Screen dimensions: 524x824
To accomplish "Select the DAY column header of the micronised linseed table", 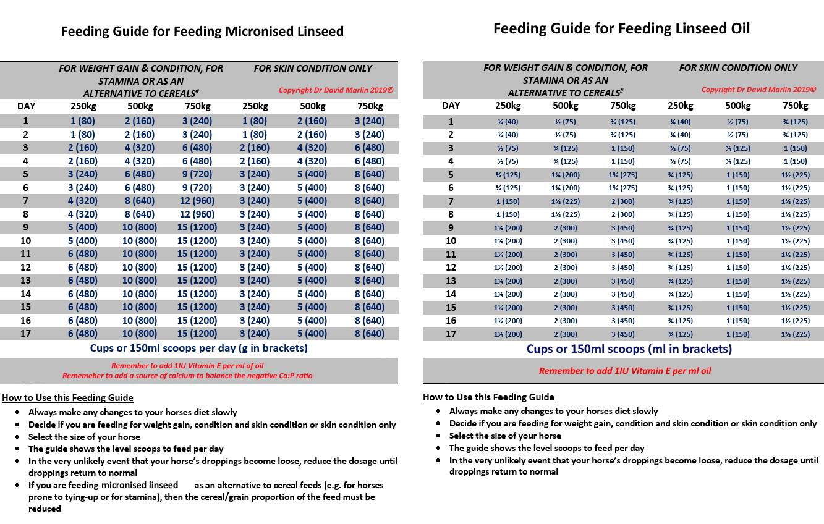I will pos(27,106).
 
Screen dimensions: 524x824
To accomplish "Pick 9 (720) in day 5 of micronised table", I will pos(197,174).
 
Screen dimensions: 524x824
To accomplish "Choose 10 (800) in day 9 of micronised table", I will pos(140,227).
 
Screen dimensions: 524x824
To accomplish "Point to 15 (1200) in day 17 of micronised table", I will pos(197,334).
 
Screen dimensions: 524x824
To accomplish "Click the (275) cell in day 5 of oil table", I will pos(622,175).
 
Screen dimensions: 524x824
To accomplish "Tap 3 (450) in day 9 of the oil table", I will pos(622,228).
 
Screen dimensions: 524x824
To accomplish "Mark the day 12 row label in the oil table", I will pos(451,268).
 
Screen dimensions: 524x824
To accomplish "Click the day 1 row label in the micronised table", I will pos(27,121).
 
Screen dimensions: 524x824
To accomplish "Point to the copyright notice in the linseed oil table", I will pos(758,90).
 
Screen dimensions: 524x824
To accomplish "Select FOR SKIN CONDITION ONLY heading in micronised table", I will pos(313,69).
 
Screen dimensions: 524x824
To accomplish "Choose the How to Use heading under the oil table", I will pos(488,397).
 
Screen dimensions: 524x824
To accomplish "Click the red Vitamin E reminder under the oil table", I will pos(625,371).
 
